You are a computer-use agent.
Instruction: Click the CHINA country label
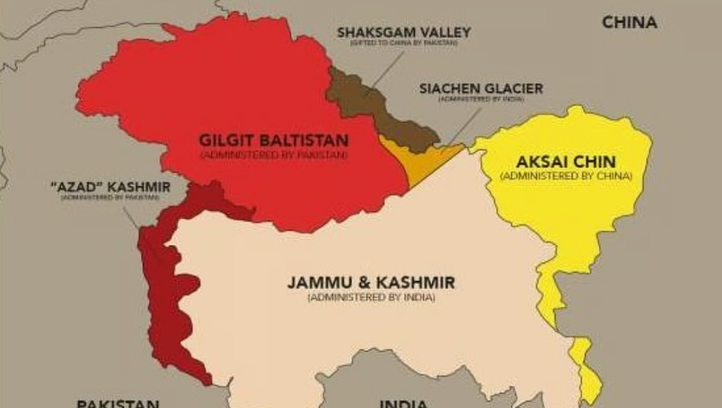pyautogui.click(x=629, y=22)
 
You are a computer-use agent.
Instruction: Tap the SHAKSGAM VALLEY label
pyautogui.click(x=403, y=32)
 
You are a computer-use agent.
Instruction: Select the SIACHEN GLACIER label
pyautogui.click(x=481, y=88)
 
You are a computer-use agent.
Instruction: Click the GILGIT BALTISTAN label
pyautogui.click(x=273, y=140)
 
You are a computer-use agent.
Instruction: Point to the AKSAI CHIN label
pyautogui.click(x=565, y=161)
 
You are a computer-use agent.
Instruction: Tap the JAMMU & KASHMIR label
pyautogui.click(x=370, y=282)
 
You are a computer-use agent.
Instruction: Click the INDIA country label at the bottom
pyautogui.click(x=403, y=403)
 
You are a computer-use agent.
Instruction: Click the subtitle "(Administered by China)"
pyautogui.click(x=565, y=176)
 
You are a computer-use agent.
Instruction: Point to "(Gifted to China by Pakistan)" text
pyautogui.click(x=403, y=43)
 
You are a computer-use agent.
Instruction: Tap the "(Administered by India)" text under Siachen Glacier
pyautogui.click(x=481, y=100)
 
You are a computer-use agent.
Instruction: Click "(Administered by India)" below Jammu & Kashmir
pyautogui.click(x=370, y=298)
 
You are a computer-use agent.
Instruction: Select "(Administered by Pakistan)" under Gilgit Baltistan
pyautogui.click(x=273, y=155)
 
